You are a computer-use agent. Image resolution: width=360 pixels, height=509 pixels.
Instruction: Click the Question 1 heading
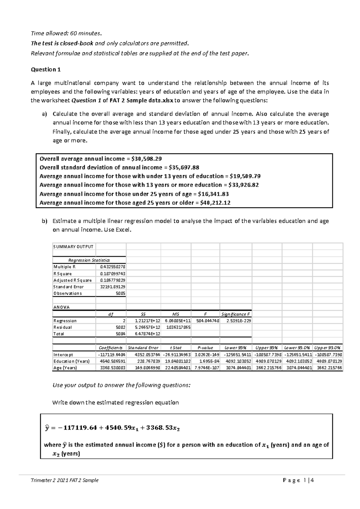(46, 70)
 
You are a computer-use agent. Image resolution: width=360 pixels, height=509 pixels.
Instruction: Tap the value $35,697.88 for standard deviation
(184, 167)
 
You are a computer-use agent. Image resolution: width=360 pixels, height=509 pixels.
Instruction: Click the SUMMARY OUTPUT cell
(73, 246)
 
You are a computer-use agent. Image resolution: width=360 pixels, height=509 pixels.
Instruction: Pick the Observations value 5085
(120, 293)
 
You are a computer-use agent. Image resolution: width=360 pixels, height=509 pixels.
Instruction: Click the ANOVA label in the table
(61, 307)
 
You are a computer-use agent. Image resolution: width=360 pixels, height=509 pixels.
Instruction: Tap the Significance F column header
(235, 314)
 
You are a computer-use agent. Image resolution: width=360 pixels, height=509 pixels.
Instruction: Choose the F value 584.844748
(206, 321)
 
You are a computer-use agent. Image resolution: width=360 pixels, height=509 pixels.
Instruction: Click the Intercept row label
(63, 354)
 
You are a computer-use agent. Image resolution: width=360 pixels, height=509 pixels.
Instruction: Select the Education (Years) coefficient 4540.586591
(111, 361)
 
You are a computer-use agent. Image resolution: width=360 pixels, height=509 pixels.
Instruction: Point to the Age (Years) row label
(65, 368)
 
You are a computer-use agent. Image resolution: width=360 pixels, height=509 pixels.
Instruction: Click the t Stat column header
(176, 348)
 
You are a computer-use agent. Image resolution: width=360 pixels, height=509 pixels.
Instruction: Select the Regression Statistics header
(89, 260)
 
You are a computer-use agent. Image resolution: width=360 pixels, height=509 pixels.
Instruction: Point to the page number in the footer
(305, 480)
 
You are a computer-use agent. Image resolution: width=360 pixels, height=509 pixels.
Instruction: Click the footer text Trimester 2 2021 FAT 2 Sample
(64, 480)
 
